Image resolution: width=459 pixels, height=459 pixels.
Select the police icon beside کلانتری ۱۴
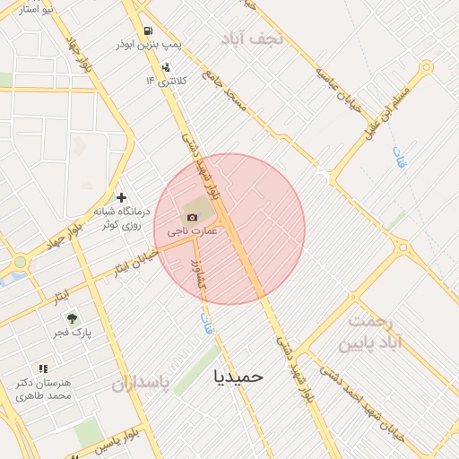(165, 67)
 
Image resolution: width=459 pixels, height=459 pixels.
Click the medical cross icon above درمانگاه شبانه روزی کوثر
(122, 197)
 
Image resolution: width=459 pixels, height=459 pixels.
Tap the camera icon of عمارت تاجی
(192, 217)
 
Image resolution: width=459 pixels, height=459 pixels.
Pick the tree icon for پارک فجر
(72, 318)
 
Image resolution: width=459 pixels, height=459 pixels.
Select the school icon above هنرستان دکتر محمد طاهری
(43, 368)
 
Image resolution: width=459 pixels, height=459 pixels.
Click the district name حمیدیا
(238, 377)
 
